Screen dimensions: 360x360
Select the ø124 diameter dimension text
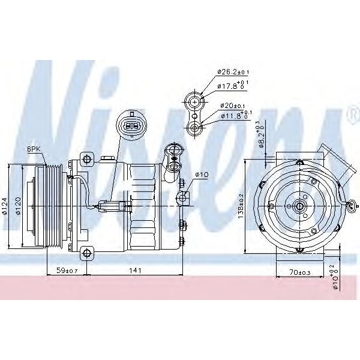[5, 206]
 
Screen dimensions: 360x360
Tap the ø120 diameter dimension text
[19, 206]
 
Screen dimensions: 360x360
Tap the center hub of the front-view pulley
[299, 207]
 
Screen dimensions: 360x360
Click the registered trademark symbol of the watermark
[350, 115]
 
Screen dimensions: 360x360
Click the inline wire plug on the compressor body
[114, 208]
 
